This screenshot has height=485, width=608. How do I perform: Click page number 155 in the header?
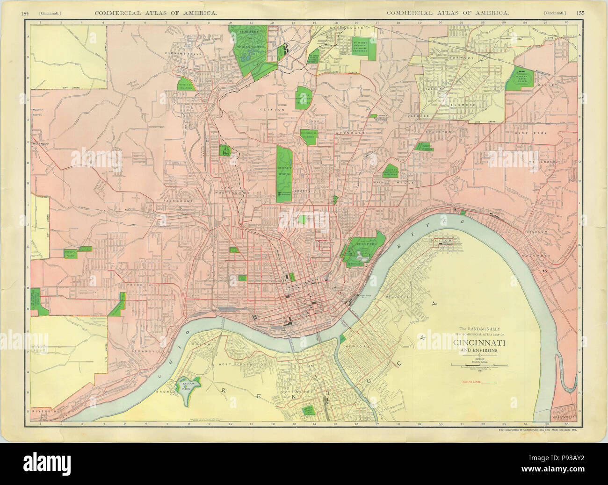point(580,13)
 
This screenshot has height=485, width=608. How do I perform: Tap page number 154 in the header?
point(26,13)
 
